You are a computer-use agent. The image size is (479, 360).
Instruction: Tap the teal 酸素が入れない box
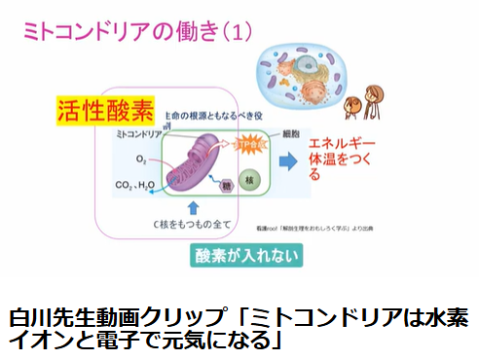(245, 257)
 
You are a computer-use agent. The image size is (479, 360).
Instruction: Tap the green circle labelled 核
(248, 180)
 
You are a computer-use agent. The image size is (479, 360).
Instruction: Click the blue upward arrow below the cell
(192, 205)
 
